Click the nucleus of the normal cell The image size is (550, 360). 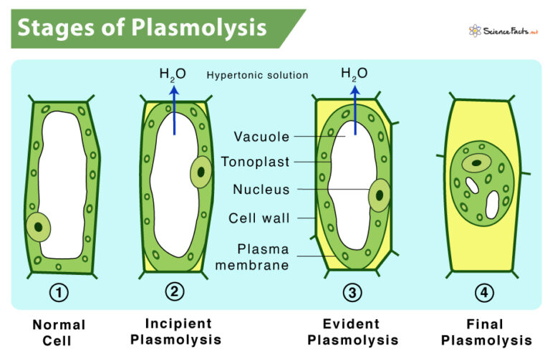tap(39, 227)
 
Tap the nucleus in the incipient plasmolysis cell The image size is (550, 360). tap(201, 172)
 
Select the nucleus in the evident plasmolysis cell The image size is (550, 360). tap(379, 195)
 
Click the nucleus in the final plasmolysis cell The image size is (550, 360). tap(472, 164)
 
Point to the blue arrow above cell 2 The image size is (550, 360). tap(173, 107)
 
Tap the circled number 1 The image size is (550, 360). tap(59, 293)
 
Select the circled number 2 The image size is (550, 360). tap(174, 293)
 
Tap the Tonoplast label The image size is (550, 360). tap(255, 162)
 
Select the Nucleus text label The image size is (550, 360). tap(261, 190)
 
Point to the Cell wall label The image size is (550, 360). tap(259, 218)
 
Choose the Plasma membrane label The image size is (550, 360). tap(264, 257)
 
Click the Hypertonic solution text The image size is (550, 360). tap(257, 75)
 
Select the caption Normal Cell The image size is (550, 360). tap(59, 332)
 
